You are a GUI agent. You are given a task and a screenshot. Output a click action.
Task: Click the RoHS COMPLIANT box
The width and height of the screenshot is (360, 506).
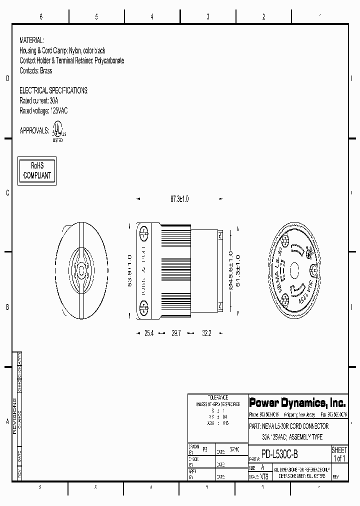37,171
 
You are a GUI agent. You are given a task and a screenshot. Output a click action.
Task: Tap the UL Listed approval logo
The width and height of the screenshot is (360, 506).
57,133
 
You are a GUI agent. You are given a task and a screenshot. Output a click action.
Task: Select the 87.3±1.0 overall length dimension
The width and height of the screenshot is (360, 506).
179,199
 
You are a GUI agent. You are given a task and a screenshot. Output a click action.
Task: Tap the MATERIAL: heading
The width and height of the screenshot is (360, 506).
31,40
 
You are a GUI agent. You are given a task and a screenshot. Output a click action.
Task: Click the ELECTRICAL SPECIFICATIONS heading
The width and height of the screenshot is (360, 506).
53,90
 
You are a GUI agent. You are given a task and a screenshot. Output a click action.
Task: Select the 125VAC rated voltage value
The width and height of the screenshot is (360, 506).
58,110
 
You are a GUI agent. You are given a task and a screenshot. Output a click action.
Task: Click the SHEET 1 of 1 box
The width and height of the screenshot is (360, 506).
339,454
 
